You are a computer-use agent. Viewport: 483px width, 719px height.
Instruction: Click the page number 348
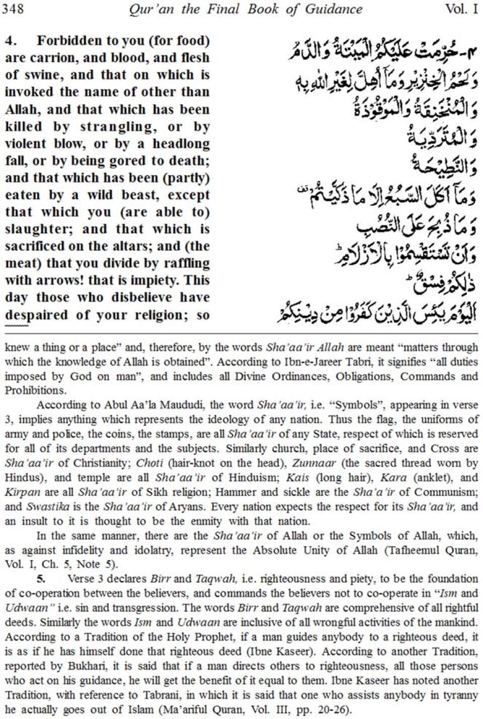pos(13,9)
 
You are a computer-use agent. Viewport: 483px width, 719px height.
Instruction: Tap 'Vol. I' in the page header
pos(461,9)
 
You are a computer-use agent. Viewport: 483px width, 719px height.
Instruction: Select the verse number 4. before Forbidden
pos(11,41)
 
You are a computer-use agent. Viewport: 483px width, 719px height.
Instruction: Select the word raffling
pos(184,263)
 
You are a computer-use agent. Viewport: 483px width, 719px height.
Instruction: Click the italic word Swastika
pos(45,506)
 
